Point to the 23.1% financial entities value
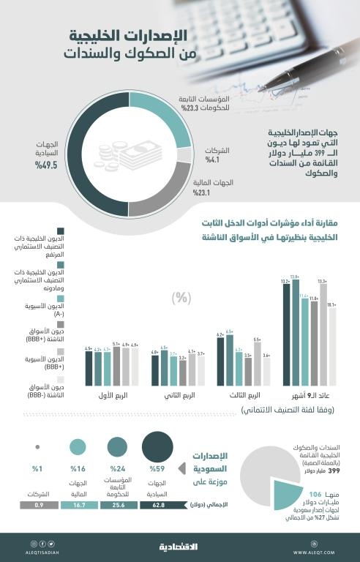point(202,194)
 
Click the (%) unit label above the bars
point(179,297)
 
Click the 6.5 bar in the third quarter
point(230,359)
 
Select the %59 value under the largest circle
point(157,469)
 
